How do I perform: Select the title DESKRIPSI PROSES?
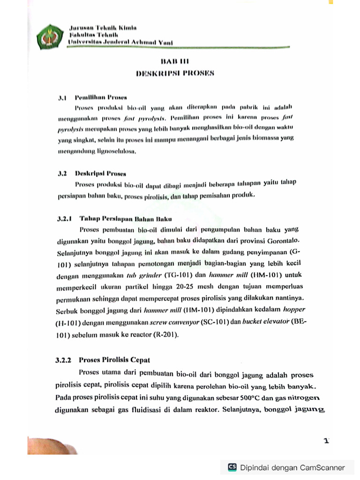click(174, 73)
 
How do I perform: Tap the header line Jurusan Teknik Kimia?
click(103, 28)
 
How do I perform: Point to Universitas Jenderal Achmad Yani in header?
click(120, 42)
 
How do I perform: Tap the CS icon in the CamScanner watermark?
click(232, 467)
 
